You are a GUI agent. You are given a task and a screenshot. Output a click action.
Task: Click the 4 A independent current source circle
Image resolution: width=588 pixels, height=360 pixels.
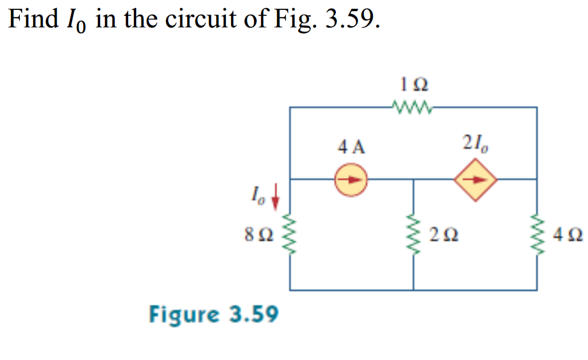tap(350, 179)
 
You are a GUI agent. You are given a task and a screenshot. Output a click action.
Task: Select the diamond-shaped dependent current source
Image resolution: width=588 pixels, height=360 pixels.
tap(477, 179)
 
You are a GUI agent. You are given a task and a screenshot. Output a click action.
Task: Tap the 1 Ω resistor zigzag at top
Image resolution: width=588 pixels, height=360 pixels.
tap(412, 107)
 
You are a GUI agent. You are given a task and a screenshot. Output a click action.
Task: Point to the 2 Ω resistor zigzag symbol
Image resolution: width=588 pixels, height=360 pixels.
tap(413, 235)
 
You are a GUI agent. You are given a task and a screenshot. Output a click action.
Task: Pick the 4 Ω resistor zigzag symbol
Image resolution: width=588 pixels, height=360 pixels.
tap(536, 235)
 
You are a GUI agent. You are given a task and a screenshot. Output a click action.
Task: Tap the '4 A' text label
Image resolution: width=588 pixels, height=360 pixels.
tap(351, 147)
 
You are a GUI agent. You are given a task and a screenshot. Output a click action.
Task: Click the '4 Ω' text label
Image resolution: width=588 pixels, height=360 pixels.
tap(568, 236)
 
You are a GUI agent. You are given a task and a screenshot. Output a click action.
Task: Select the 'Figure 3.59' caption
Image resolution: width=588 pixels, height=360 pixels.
tap(214, 315)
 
